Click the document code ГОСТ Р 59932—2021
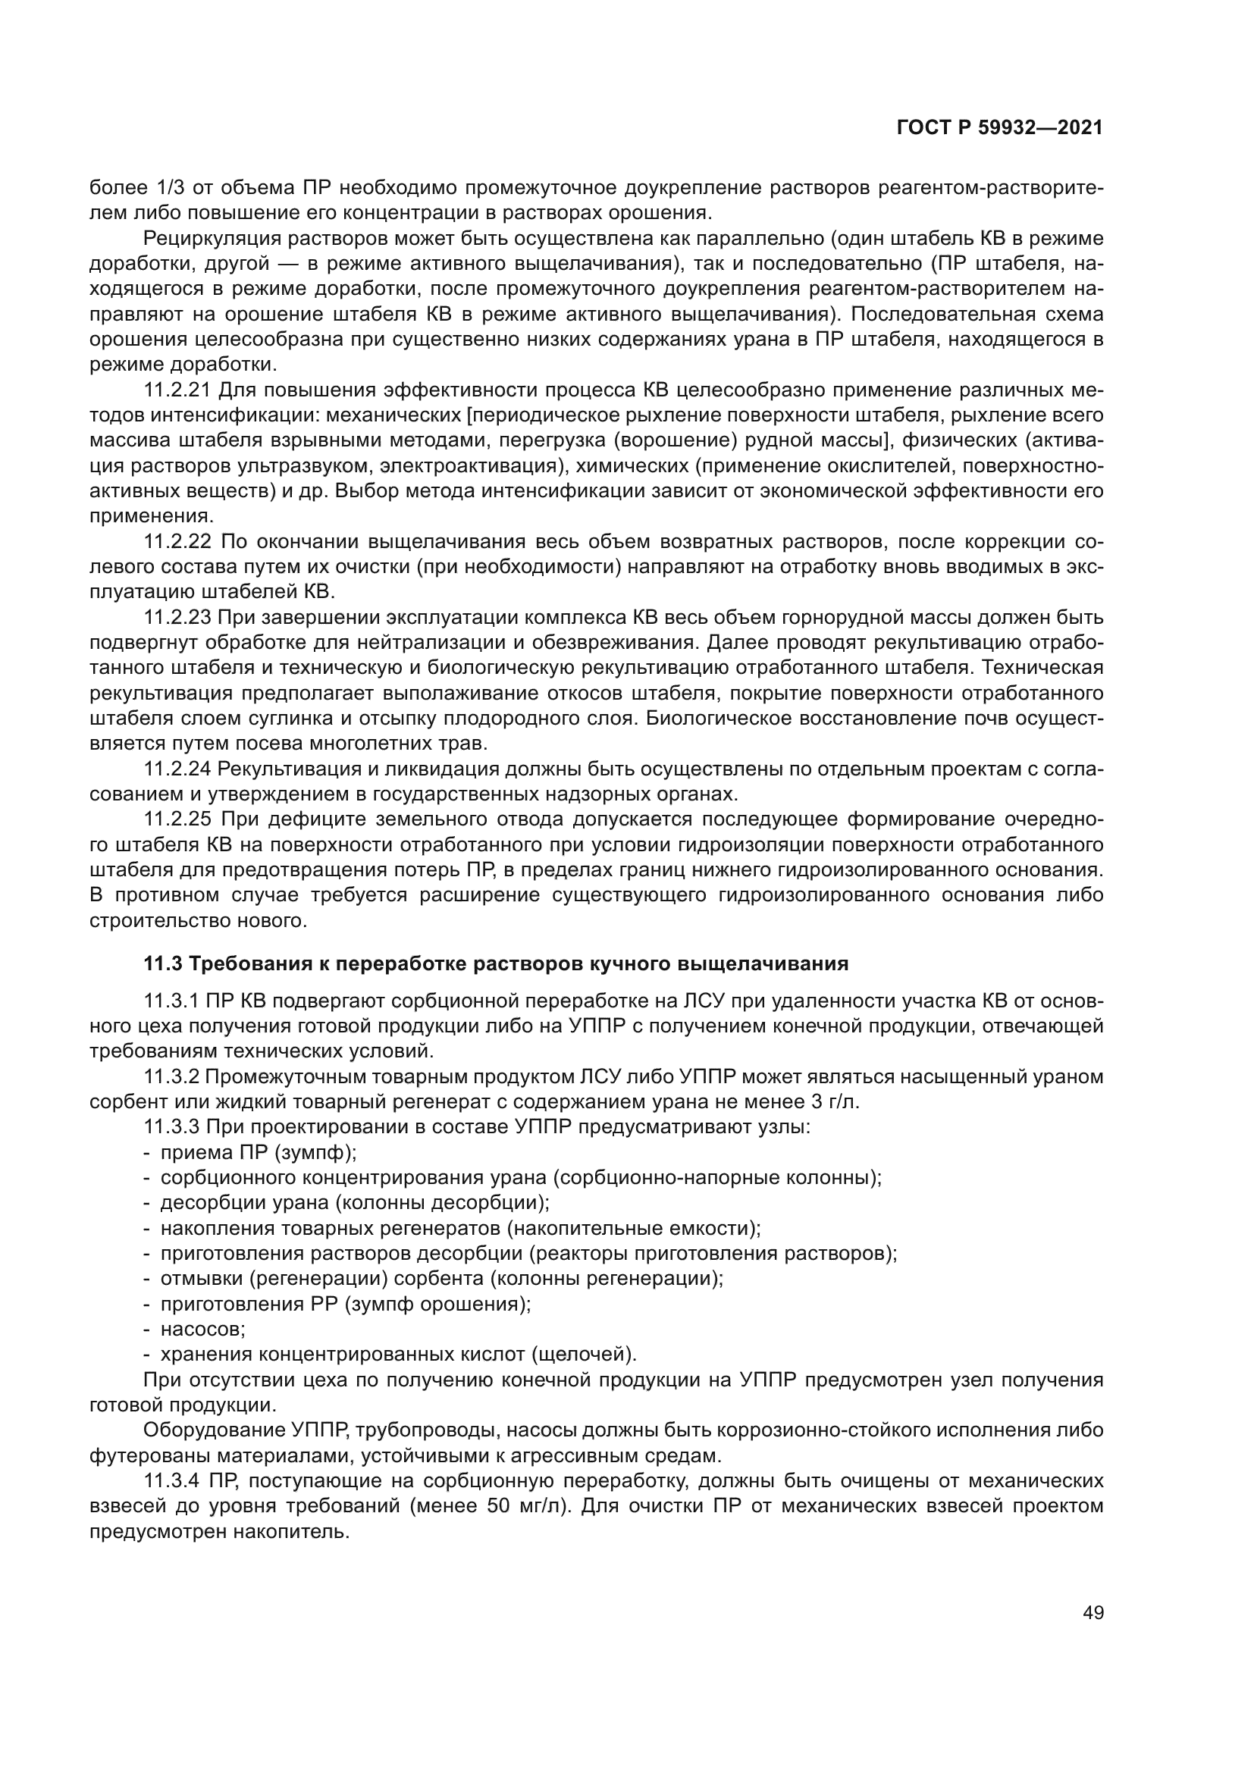[x=999, y=128]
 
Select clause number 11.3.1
[x=171, y=1001]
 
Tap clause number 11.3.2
[x=171, y=1077]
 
